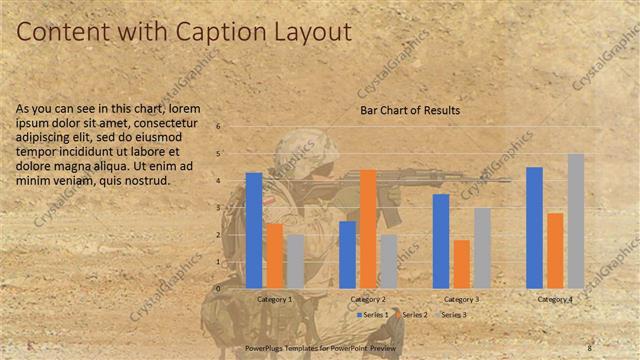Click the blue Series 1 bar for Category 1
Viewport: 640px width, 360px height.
tap(254, 230)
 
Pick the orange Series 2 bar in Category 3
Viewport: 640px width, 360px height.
tap(462, 264)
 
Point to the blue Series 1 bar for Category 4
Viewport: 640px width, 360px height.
tap(534, 227)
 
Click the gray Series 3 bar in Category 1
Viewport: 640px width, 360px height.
tap(295, 261)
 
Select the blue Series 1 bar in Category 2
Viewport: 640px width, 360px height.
tap(348, 254)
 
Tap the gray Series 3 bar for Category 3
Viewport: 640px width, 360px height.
tap(482, 248)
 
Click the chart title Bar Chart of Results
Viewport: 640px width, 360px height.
tap(410, 110)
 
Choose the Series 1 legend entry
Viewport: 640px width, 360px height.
tap(376, 315)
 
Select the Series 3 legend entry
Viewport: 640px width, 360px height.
tap(454, 315)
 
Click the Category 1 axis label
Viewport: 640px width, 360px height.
tap(275, 299)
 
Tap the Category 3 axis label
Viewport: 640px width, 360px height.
tap(461, 299)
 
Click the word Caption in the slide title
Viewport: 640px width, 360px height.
tap(210, 32)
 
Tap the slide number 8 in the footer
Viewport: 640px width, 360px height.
tap(589, 348)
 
